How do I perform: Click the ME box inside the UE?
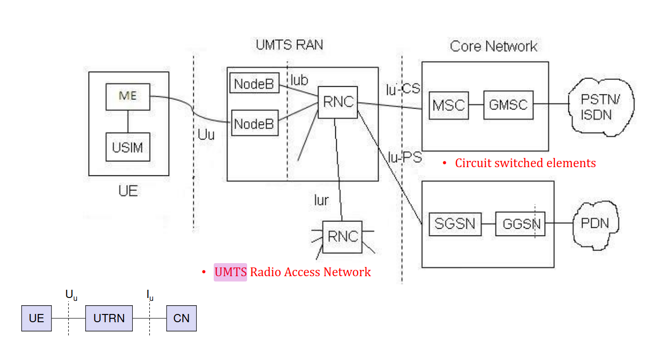[x=128, y=97]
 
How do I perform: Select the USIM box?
[x=128, y=147]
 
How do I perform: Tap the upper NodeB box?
[x=254, y=84]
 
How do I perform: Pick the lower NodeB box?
[x=254, y=124]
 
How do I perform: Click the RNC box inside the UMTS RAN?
[x=337, y=102]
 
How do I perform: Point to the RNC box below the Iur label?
[x=343, y=236]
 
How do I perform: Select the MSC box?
[x=449, y=105]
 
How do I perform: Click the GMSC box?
[x=508, y=105]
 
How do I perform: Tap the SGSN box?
[x=455, y=224]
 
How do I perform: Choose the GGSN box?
[x=520, y=224]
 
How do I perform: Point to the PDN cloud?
[x=595, y=223]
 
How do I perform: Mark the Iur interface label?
[x=321, y=200]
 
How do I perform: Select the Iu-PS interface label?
[x=405, y=157]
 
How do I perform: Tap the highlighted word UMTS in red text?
[x=230, y=272]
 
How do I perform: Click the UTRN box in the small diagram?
[x=109, y=318]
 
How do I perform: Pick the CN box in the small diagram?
[x=181, y=318]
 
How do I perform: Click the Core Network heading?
[x=493, y=47]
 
